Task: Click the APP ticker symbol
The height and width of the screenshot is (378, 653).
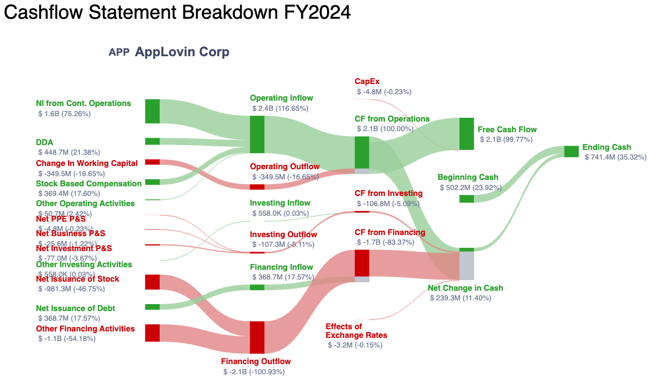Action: pos(118,52)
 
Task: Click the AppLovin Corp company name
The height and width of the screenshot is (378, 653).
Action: pos(182,52)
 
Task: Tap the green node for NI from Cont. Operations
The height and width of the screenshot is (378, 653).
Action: pos(152,111)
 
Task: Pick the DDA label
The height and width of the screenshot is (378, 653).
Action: pos(44,142)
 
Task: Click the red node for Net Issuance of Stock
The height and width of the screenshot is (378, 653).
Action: pos(152,282)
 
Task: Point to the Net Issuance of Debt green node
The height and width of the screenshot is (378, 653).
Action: pos(152,307)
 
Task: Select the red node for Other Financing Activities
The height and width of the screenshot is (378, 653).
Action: pos(152,332)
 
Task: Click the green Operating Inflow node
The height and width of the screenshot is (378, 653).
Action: pos(257,134)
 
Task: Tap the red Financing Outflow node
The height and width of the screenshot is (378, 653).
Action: pos(257,337)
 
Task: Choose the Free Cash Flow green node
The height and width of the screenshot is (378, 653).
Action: pos(466,134)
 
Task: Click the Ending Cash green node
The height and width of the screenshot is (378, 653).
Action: pos(571,152)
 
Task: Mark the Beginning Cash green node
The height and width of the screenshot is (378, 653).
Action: pos(466,199)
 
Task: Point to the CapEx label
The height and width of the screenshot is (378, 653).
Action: pos(367,81)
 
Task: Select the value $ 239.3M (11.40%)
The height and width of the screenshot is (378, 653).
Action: pos(460,298)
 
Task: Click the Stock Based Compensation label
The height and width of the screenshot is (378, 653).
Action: pos(89,184)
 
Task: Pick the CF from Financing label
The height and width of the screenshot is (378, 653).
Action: pos(390,232)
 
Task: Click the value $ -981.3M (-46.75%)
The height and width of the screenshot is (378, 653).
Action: pos(71,289)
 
